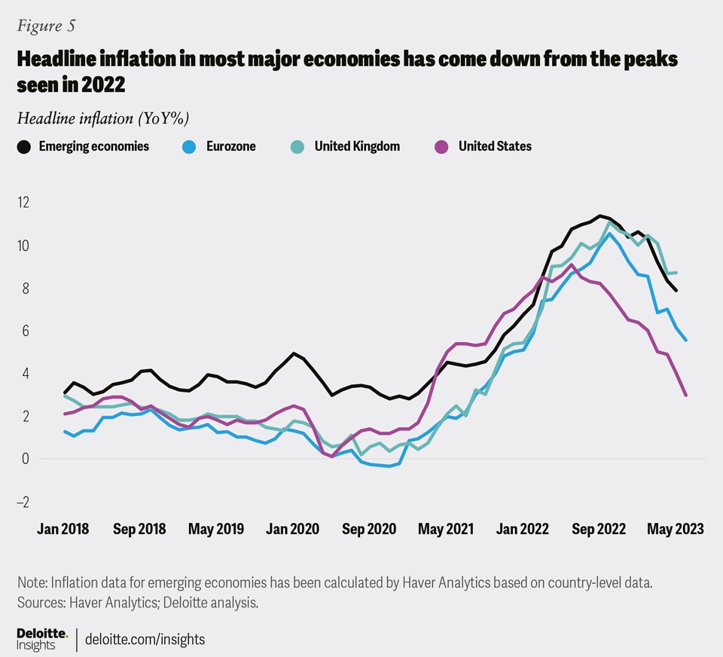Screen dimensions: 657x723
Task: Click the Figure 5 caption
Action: click(x=47, y=26)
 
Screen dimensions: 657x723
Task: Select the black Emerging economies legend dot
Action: click(x=24, y=147)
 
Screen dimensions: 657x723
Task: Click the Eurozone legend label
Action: click(x=230, y=146)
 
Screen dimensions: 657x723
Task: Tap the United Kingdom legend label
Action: click(x=357, y=146)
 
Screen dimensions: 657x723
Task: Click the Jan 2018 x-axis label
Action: click(x=63, y=529)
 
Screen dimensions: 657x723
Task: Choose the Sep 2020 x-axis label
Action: click(x=368, y=529)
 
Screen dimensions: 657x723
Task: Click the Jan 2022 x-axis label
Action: click(x=523, y=529)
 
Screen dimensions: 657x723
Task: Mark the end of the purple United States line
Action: click(x=685, y=395)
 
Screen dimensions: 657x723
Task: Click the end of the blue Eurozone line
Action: click(x=685, y=340)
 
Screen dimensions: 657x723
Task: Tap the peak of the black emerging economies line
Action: click(x=599, y=216)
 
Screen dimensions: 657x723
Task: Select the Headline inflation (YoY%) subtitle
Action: click(x=102, y=118)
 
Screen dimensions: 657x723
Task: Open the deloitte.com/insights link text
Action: click(x=145, y=640)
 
